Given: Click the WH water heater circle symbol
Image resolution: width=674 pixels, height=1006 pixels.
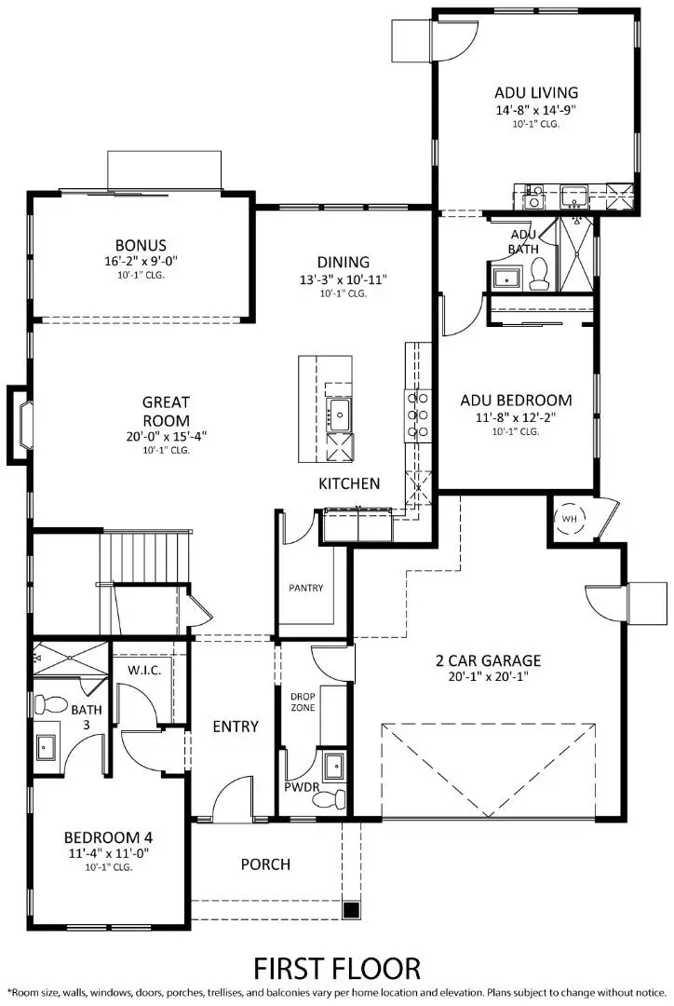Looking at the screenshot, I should [568, 519].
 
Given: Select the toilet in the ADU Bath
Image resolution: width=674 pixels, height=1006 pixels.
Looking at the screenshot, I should [537, 272].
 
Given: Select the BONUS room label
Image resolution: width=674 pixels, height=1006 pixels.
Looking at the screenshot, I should [141, 246].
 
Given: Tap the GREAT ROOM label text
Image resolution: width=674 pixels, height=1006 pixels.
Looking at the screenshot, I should [166, 411].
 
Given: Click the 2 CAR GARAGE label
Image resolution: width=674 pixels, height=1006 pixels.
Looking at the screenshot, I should [488, 661].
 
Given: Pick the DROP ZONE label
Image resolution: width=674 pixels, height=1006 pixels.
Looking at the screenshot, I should [303, 701].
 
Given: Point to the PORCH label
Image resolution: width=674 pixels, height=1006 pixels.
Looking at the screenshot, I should [265, 864].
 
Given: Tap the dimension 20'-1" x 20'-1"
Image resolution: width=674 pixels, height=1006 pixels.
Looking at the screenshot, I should [488, 677].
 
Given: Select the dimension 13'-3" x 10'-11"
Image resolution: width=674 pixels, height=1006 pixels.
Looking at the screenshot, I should [344, 279].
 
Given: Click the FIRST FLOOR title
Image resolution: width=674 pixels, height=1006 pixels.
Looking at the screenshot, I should [337, 967].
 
